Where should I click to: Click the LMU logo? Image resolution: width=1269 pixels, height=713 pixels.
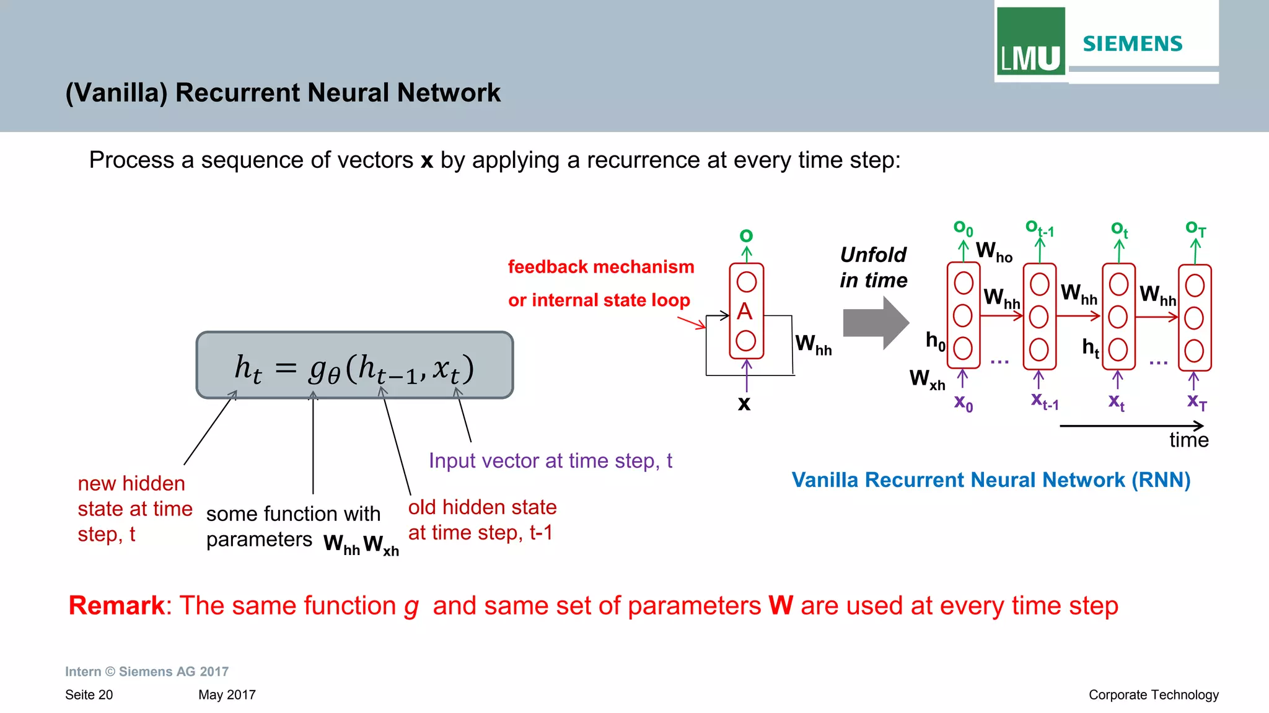[x=1030, y=42]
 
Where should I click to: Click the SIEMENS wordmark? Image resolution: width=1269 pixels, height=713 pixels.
[x=1132, y=44]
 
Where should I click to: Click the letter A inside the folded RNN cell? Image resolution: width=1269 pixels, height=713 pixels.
[x=745, y=311]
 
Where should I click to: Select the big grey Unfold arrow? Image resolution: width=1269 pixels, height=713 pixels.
[x=875, y=323]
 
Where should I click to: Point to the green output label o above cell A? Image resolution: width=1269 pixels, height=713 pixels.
[x=746, y=235]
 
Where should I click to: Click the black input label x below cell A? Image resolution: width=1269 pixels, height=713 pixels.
[x=744, y=403]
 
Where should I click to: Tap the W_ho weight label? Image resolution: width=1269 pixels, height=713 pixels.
[x=993, y=252]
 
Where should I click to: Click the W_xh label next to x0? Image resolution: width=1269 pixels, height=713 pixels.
[x=927, y=378]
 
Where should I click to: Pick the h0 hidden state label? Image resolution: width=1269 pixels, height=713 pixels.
[x=935, y=341]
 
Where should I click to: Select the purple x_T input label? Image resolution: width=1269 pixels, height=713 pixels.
[x=1197, y=402]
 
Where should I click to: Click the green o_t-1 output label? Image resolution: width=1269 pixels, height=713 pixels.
[x=1039, y=229]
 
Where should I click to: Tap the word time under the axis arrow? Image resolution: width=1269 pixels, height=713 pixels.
[x=1188, y=440]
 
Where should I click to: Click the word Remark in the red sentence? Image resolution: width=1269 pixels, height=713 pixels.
[x=116, y=605]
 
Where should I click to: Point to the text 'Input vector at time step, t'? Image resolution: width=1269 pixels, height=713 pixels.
[x=550, y=461]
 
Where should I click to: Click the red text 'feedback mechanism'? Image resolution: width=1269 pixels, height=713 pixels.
[x=600, y=267]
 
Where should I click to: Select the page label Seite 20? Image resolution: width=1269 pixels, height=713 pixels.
[x=89, y=695]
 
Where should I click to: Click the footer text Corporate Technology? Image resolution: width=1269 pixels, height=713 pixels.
[x=1153, y=695]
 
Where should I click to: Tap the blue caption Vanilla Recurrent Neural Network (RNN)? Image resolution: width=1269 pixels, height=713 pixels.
[x=991, y=480]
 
